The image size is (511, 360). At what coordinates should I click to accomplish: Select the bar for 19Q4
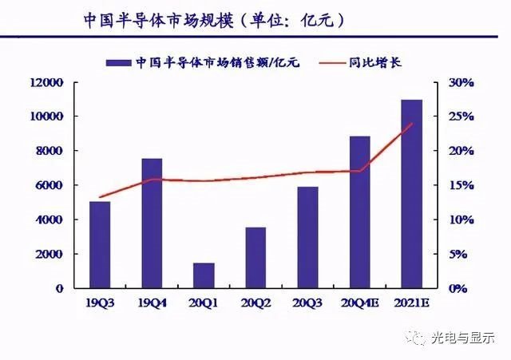click(x=152, y=223)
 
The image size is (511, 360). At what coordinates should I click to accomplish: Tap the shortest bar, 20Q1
click(x=204, y=275)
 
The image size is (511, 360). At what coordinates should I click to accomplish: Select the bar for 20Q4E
click(x=359, y=212)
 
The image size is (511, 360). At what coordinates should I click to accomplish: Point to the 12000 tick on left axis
click(x=46, y=82)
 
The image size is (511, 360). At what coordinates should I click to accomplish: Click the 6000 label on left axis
click(x=50, y=185)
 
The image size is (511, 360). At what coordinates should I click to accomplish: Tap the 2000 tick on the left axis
click(x=50, y=254)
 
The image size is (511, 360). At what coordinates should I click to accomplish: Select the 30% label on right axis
click(x=461, y=82)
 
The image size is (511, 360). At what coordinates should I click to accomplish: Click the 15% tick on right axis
click(x=461, y=185)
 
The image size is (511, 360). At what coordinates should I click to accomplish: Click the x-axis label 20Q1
click(x=204, y=303)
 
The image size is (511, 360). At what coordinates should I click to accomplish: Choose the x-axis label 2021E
click(x=412, y=303)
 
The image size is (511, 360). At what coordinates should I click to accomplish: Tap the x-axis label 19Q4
click(x=152, y=303)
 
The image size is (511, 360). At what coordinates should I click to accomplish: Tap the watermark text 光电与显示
click(x=463, y=338)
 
